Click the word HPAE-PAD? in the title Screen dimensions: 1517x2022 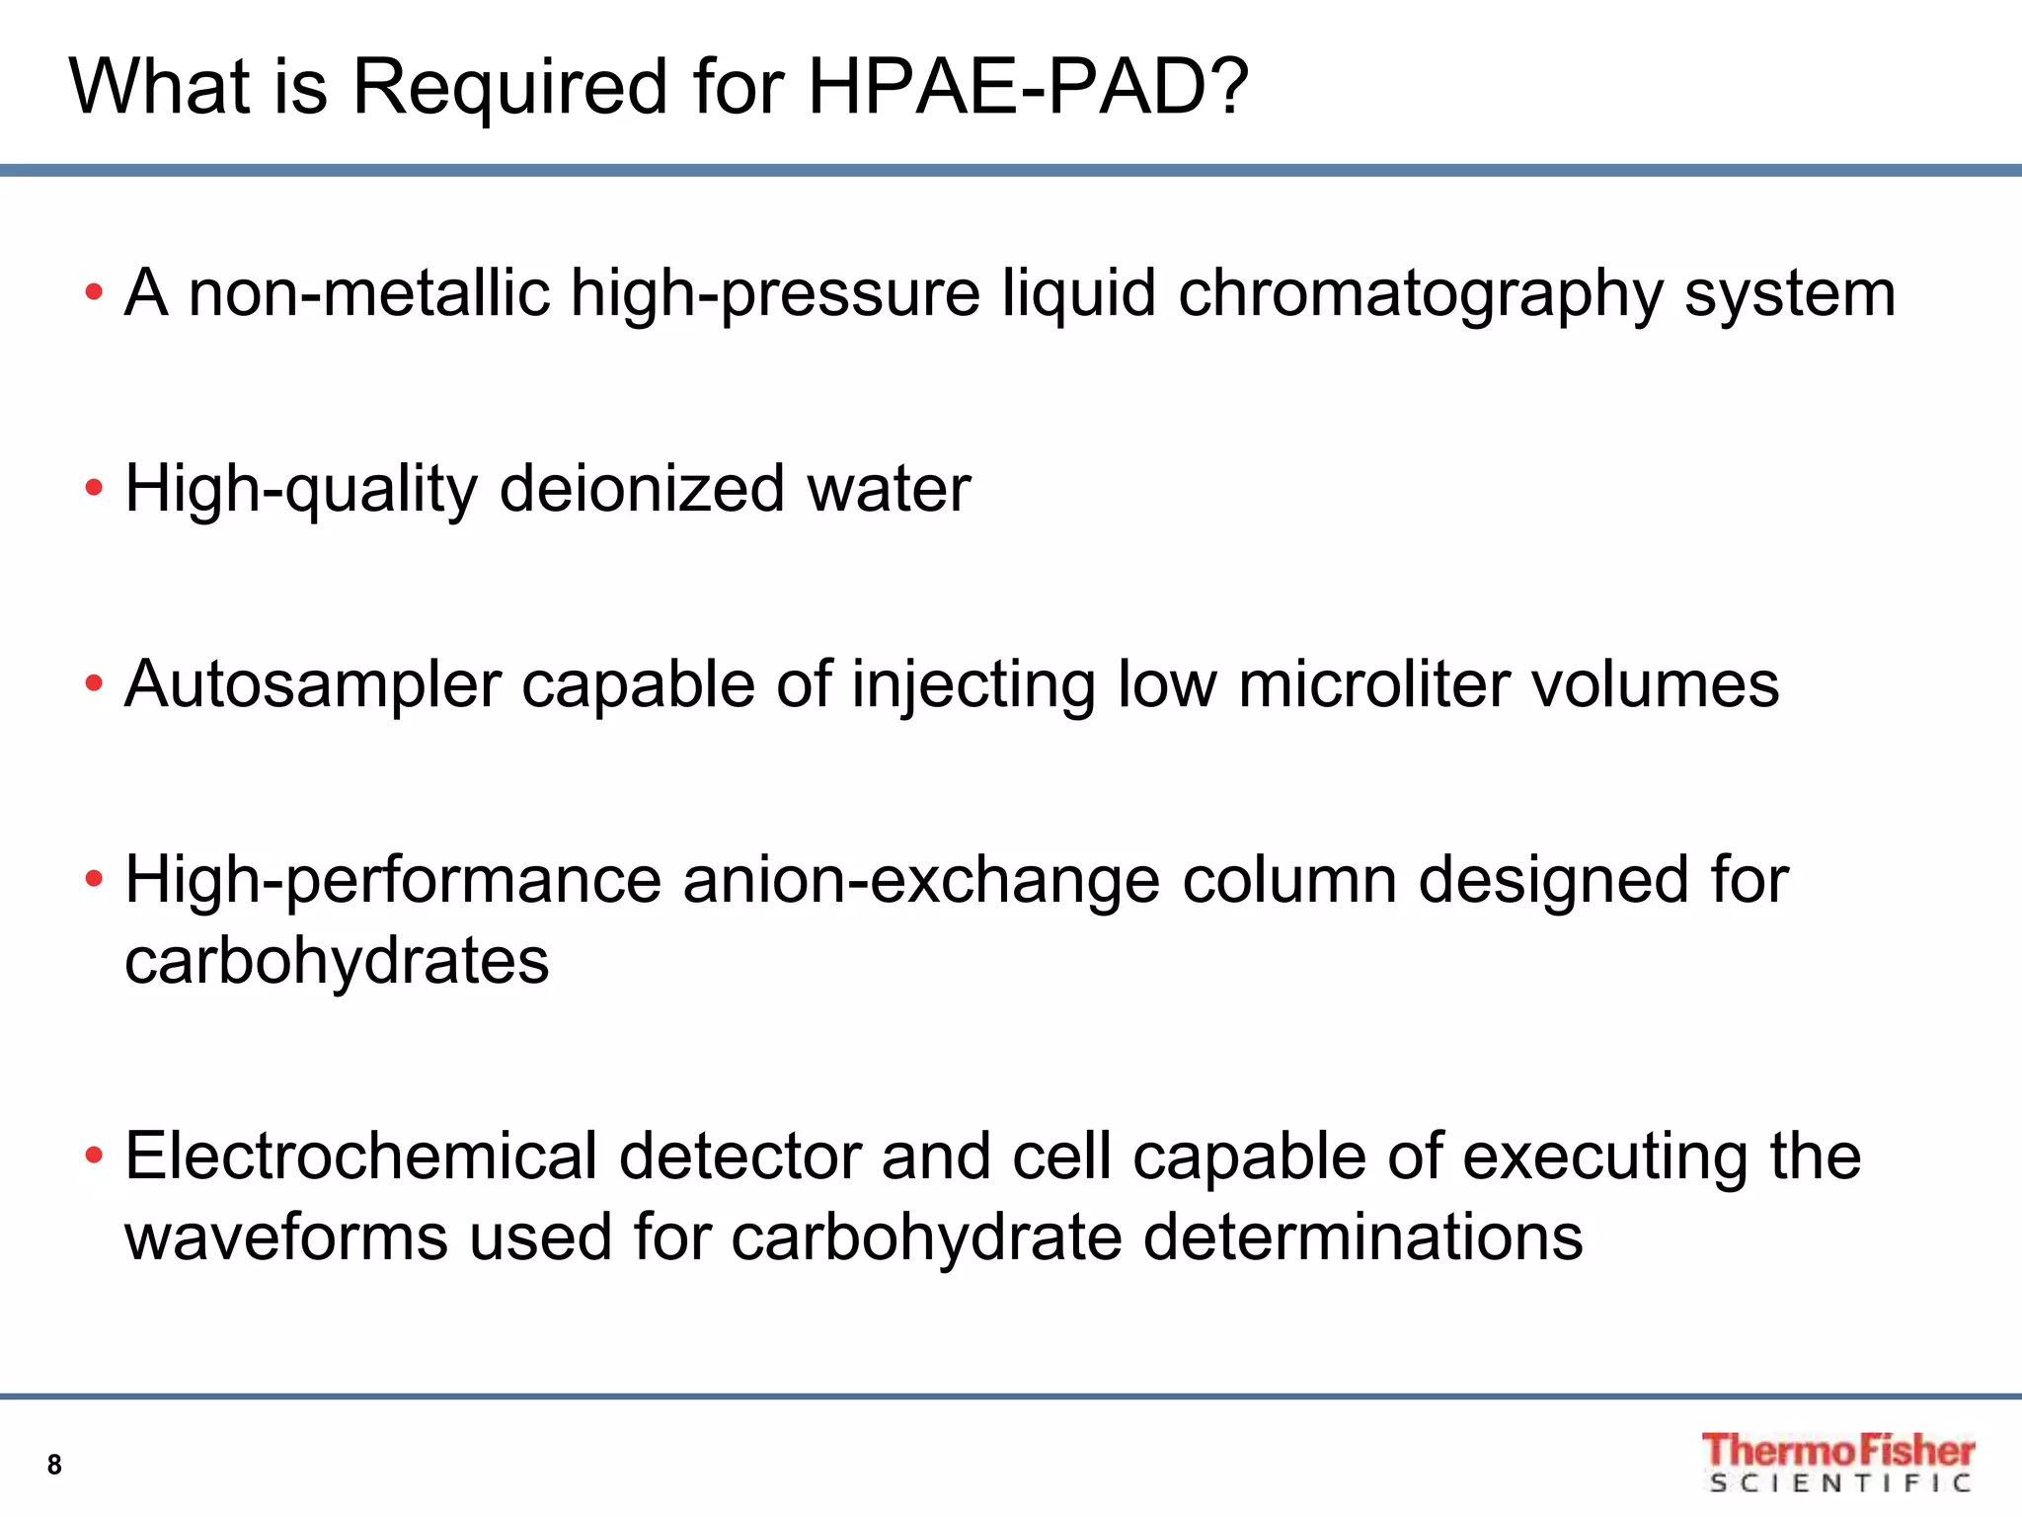pyautogui.click(x=1028, y=87)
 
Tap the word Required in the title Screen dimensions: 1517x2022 pyautogui.click(x=510, y=87)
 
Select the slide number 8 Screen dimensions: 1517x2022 pyautogui.click(x=54, y=1465)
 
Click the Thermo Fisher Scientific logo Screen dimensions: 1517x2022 pyautogui.click(x=1838, y=1462)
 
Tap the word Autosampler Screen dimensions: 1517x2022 pyautogui.click(x=313, y=684)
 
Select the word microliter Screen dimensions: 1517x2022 pyautogui.click(x=1373, y=684)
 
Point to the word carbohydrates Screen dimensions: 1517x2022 pyautogui.click(x=337, y=961)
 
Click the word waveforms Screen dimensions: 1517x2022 pyautogui.click(x=285, y=1238)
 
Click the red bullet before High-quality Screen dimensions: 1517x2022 pyautogui.click(x=94, y=488)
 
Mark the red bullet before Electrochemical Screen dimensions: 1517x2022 pyautogui.click(x=94, y=1156)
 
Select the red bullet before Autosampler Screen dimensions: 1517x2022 pyautogui.click(x=94, y=683)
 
